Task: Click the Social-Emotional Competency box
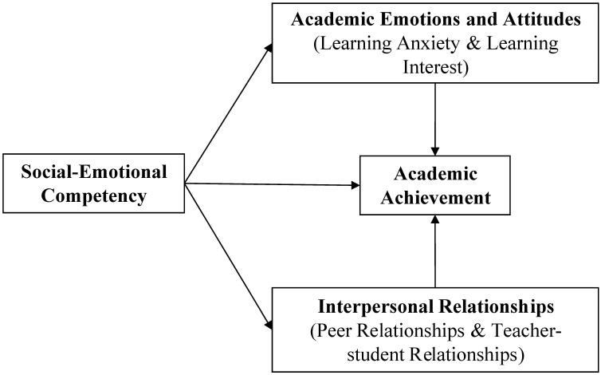pyautogui.click(x=93, y=184)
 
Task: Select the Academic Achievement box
pyautogui.click(x=434, y=185)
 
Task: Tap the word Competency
pyautogui.click(x=93, y=196)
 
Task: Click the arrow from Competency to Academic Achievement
pyautogui.click(x=271, y=184)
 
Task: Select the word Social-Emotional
pyautogui.click(x=94, y=172)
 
